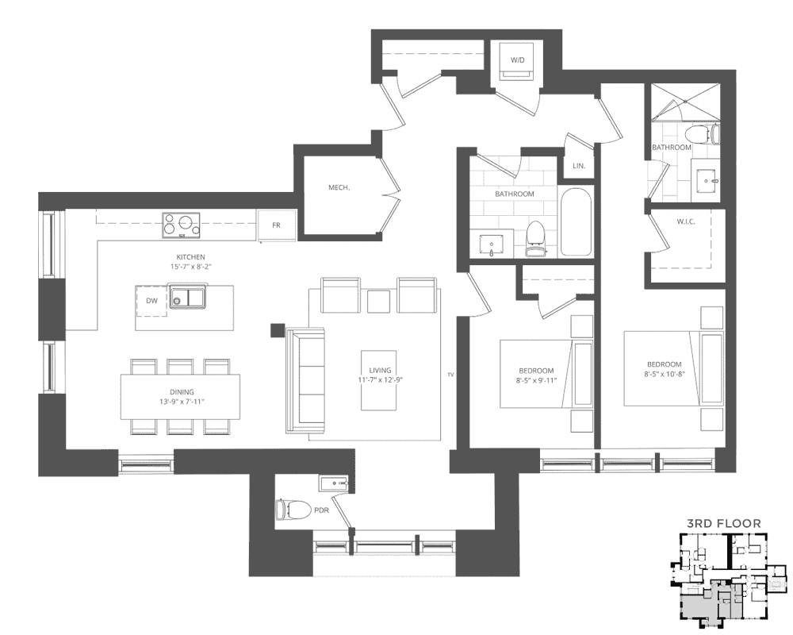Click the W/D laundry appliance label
coord(517,60)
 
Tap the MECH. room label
coord(339,187)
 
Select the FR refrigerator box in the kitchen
coord(276,225)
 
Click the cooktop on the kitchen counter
coord(181,225)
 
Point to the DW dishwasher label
coord(151,300)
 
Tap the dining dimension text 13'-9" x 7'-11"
coord(182,402)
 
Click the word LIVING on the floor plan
coord(380,370)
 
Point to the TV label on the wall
coord(450,375)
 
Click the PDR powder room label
coord(322,510)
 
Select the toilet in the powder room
coord(293,510)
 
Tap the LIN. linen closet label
coord(579,166)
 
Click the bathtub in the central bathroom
coord(576,222)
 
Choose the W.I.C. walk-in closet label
coord(686,221)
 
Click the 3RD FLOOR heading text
coord(724,524)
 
